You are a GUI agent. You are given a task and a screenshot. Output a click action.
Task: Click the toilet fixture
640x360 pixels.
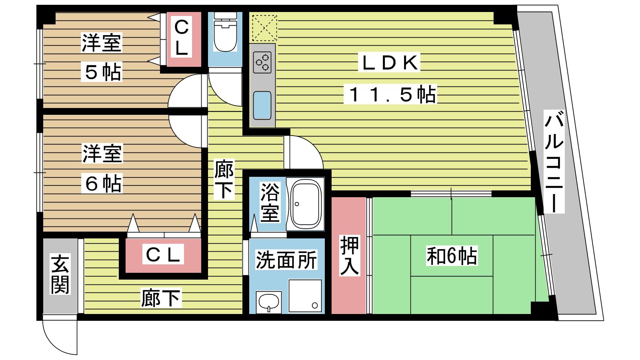tap(225, 32)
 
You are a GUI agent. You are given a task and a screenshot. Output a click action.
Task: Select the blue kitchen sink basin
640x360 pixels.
tap(262, 105)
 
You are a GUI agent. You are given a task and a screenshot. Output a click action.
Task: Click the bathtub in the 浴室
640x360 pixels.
tap(305, 204)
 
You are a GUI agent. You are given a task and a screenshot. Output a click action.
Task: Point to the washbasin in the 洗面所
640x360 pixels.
tap(268, 302)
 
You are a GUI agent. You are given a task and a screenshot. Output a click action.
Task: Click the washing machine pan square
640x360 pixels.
tap(305, 296)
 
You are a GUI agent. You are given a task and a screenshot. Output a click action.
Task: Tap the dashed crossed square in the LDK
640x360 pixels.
tap(264, 28)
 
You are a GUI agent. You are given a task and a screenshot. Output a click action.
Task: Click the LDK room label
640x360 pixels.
tap(389, 62)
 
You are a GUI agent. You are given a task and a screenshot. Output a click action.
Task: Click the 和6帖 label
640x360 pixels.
tap(452, 256)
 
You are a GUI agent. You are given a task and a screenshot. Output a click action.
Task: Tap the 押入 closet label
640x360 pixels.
tap(350, 256)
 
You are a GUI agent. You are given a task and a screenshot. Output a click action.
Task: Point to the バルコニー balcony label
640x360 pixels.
tap(554, 162)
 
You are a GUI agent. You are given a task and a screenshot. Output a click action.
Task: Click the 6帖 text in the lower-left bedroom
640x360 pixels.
tap(102, 183)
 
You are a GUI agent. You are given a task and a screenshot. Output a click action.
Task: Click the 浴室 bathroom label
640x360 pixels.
tap(270, 202)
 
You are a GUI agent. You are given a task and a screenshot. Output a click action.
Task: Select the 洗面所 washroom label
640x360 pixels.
tap(286, 260)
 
